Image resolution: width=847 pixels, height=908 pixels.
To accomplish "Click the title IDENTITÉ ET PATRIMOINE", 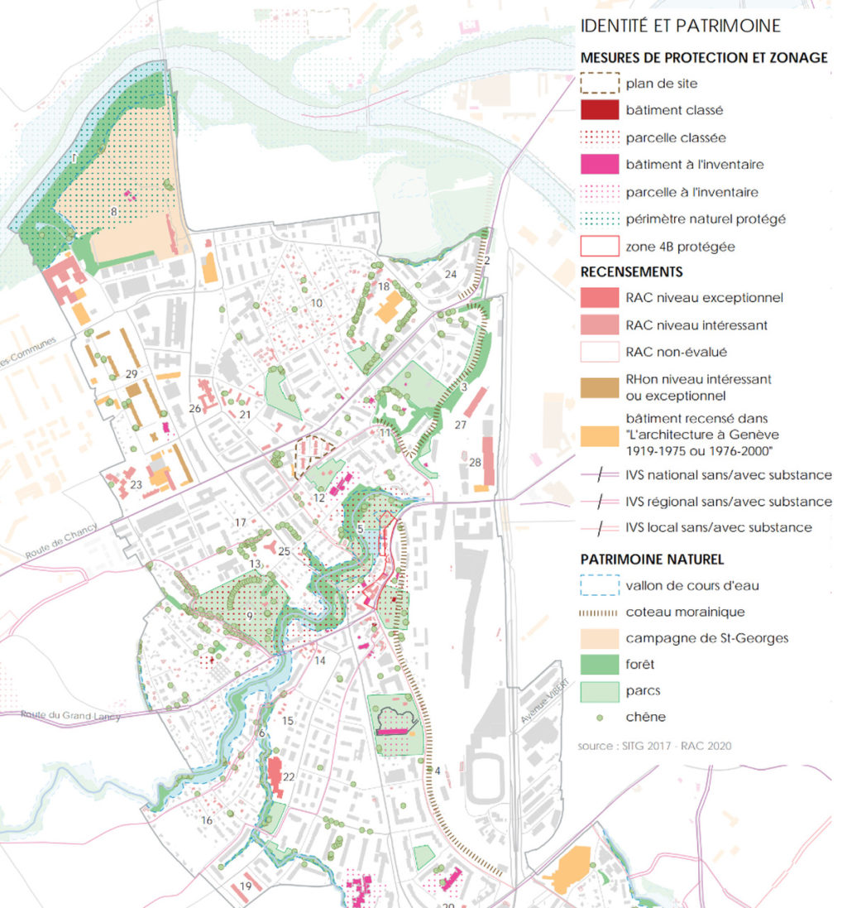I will pos(680,26).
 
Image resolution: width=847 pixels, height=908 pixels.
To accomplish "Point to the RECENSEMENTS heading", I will pos(631,271).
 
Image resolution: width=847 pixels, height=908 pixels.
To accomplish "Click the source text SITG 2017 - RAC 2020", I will pos(654,746).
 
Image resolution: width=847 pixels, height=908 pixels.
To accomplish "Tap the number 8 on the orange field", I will pos(113,213).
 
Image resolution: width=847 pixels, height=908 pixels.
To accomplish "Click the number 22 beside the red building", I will pos(289,776).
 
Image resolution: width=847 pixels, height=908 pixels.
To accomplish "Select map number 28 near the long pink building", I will pos(475,462).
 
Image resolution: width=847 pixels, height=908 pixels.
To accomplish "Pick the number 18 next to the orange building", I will pos(384,286).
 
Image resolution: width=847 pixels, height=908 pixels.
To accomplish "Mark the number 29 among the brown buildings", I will pos(131,375).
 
